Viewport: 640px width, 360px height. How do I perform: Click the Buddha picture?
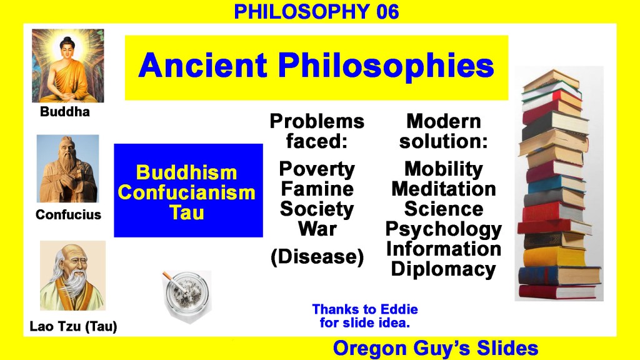pos(67,65)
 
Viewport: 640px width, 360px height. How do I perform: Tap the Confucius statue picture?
pos(67,169)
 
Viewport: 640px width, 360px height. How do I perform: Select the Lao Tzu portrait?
pos(72,276)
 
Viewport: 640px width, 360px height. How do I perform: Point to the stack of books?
pos(559,184)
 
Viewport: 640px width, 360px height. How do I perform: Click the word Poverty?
pos(317,169)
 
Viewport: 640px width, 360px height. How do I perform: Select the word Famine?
pos(317,189)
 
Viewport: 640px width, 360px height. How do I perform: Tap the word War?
pos(317,228)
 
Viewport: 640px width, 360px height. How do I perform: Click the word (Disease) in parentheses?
pos(317,257)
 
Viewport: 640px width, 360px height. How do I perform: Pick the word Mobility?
pos(444,169)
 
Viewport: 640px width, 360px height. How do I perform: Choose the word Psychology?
pos(444,229)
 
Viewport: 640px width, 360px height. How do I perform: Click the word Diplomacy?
pos(444,269)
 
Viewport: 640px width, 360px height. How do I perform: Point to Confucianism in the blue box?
pos(186,192)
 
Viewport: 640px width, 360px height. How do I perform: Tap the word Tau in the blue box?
pos(186,212)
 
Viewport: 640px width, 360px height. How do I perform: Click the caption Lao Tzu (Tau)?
pos(74,326)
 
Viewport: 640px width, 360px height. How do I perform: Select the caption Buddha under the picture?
pos(65,111)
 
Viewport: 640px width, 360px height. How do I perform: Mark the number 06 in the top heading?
pos(387,11)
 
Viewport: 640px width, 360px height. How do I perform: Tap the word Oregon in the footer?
pos(370,349)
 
